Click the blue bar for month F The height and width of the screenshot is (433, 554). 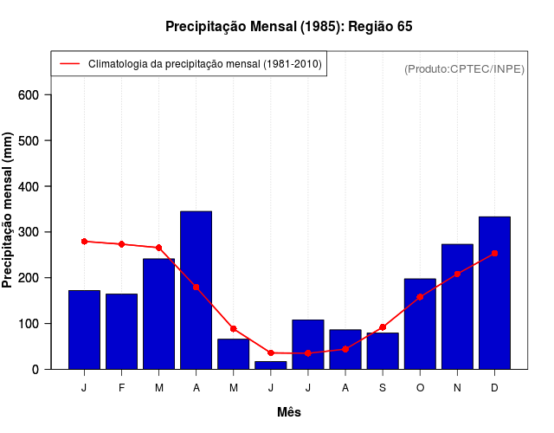click(x=121, y=332)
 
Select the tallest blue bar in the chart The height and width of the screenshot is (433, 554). click(x=196, y=290)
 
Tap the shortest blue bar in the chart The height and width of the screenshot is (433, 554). click(x=270, y=365)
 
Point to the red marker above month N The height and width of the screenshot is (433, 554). click(x=457, y=274)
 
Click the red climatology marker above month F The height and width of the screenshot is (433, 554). click(x=121, y=244)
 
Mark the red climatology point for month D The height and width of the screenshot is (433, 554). click(x=494, y=253)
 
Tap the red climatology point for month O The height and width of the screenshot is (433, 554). click(x=420, y=297)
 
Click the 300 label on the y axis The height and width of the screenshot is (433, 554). click(x=41, y=232)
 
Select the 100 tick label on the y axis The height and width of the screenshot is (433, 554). click(x=41, y=324)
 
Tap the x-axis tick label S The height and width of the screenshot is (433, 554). click(x=382, y=388)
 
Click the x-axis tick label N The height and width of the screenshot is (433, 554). click(x=457, y=388)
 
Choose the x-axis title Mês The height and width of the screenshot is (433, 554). click(x=289, y=412)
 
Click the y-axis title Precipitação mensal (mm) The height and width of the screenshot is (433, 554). click(x=9, y=210)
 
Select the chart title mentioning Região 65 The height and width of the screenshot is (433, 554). click(x=289, y=27)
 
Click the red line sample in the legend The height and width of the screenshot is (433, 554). click(x=70, y=64)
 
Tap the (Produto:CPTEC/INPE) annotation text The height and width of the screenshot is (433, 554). click(x=464, y=68)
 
